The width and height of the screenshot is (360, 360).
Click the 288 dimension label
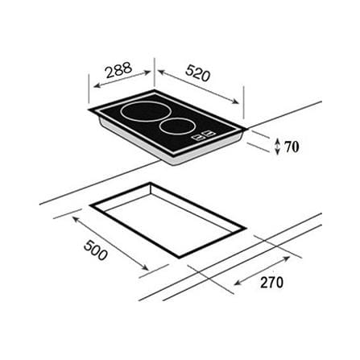pyautogui.click(x=119, y=70)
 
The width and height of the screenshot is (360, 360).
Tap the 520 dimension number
pyautogui.click(x=197, y=73)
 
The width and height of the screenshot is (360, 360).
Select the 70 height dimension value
pyautogui.click(x=292, y=147)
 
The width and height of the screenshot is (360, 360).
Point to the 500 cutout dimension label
pyautogui.click(x=96, y=250)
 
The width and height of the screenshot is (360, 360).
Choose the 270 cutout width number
pyautogui.click(x=271, y=282)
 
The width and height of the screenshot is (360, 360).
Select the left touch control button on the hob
pyautogui.click(x=199, y=137)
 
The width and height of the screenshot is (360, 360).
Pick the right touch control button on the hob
pyautogui.click(x=210, y=133)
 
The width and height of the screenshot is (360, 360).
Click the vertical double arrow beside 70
pyautogui.click(x=278, y=147)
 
